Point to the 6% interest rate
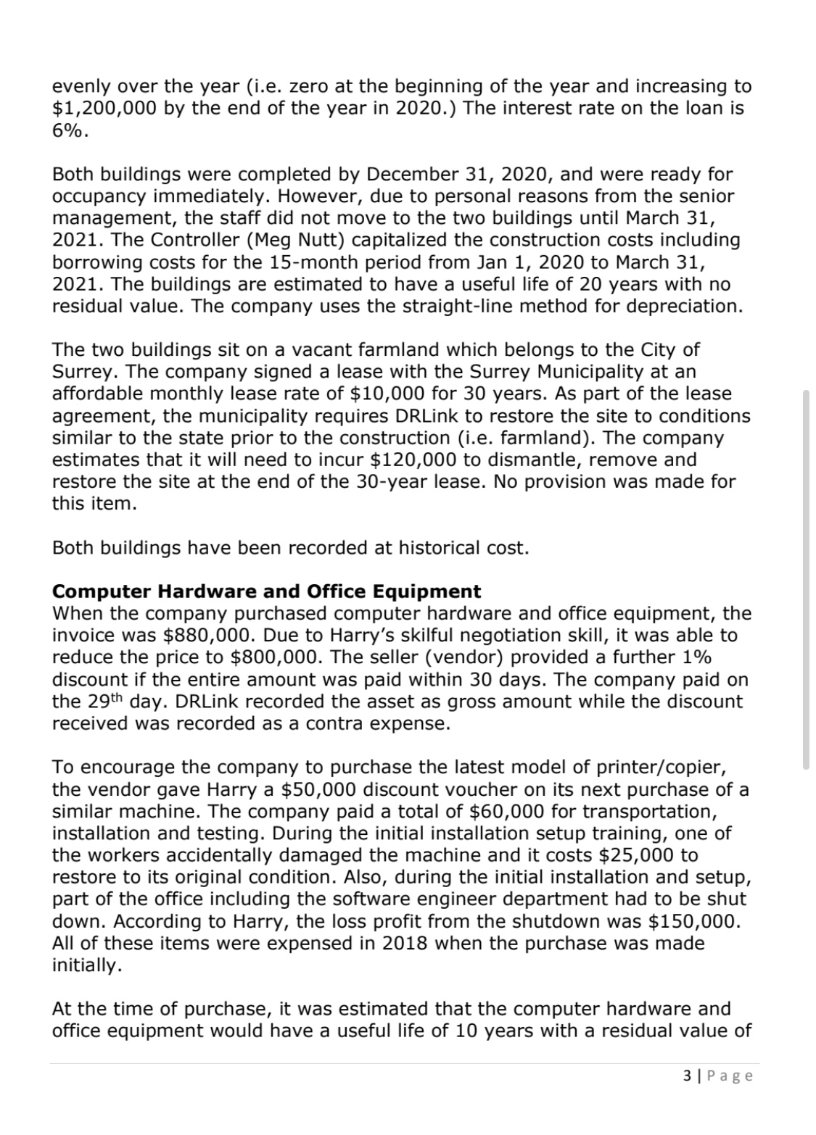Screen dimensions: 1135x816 click(70, 130)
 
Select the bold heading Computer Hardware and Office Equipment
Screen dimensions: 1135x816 click(266, 591)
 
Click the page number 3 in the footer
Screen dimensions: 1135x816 click(687, 1076)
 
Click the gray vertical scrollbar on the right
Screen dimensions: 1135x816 click(806, 578)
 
